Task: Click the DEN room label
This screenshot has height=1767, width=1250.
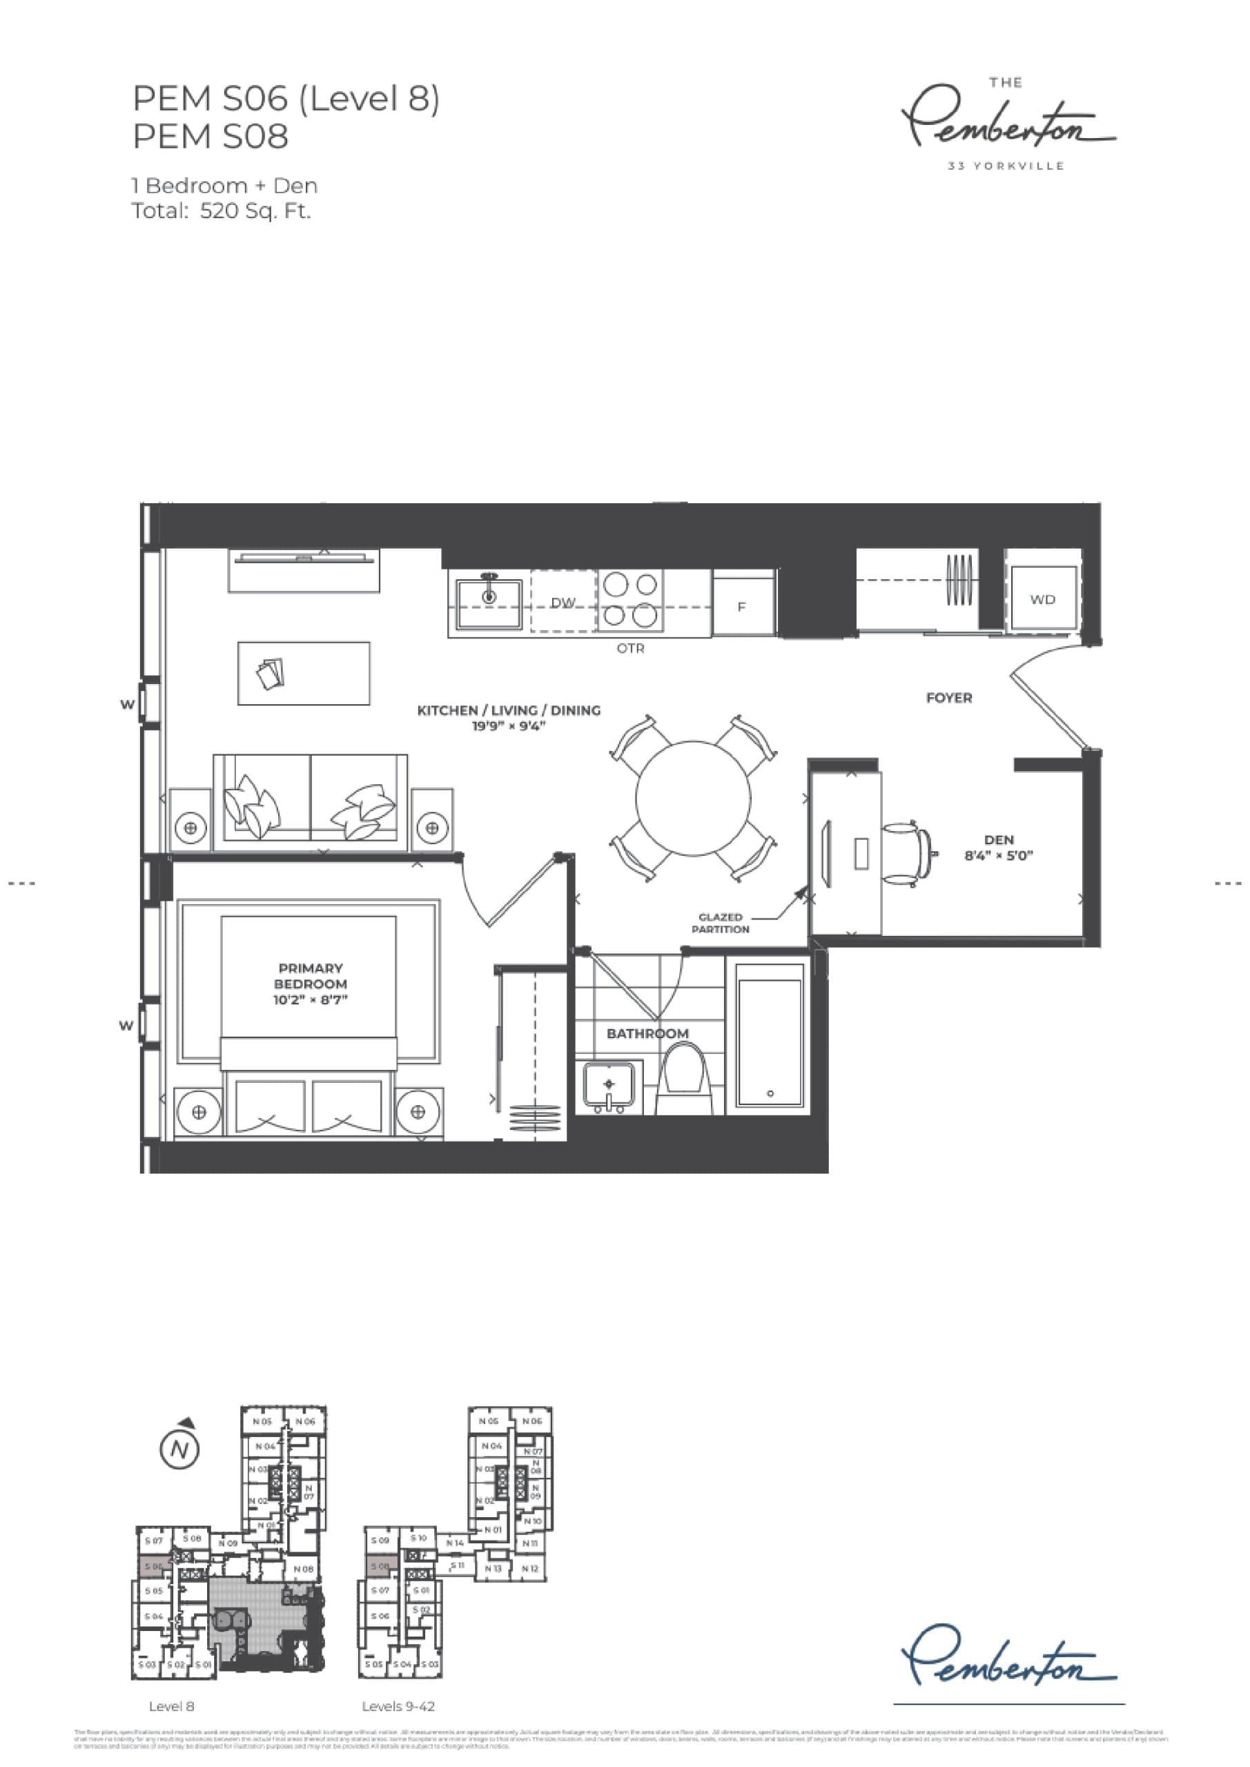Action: click(998, 839)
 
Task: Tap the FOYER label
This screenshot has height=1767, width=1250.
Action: click(948, 698)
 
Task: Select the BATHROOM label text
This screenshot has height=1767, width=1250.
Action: click(647, 1033)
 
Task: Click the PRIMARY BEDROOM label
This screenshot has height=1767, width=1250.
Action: click(311, 976)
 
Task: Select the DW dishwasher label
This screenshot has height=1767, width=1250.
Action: click(563, 603)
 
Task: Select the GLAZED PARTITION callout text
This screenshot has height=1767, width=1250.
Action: click(720, 923)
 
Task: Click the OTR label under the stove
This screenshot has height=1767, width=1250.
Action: click(630, 649)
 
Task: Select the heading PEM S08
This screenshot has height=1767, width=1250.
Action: click(211, 136)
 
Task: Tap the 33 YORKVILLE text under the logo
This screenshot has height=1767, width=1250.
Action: click(1006, 166)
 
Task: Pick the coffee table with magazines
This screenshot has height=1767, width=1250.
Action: click(303, 674)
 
